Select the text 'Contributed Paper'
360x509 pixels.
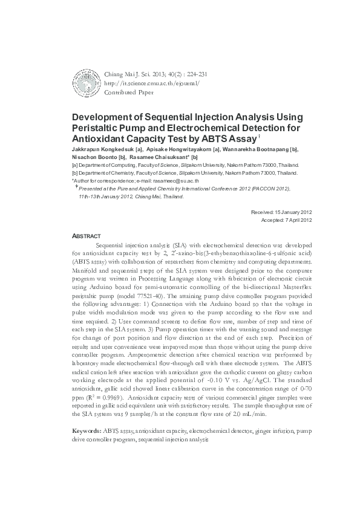click(128, 93)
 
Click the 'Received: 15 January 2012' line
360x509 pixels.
click(281, 213)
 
